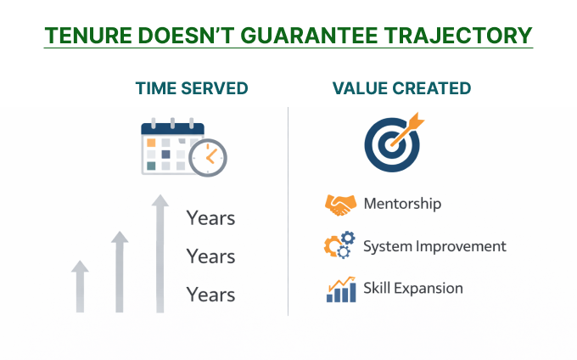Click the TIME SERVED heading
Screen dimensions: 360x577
point(192,88)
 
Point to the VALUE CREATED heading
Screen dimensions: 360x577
point(401,88)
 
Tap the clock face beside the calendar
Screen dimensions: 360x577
point(208,156)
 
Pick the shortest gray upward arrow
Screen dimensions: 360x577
point(80,286)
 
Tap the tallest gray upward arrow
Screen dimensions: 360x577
point(160,254)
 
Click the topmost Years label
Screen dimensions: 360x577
point(210,218)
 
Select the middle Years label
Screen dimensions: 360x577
point(210,256)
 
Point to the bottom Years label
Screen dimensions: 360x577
point(210,295)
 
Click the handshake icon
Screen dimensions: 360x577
point(340,205)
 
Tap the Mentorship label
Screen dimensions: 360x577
point(402,204)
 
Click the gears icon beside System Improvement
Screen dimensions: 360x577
point(339,247)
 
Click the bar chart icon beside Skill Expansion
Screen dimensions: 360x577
point(340,289)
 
